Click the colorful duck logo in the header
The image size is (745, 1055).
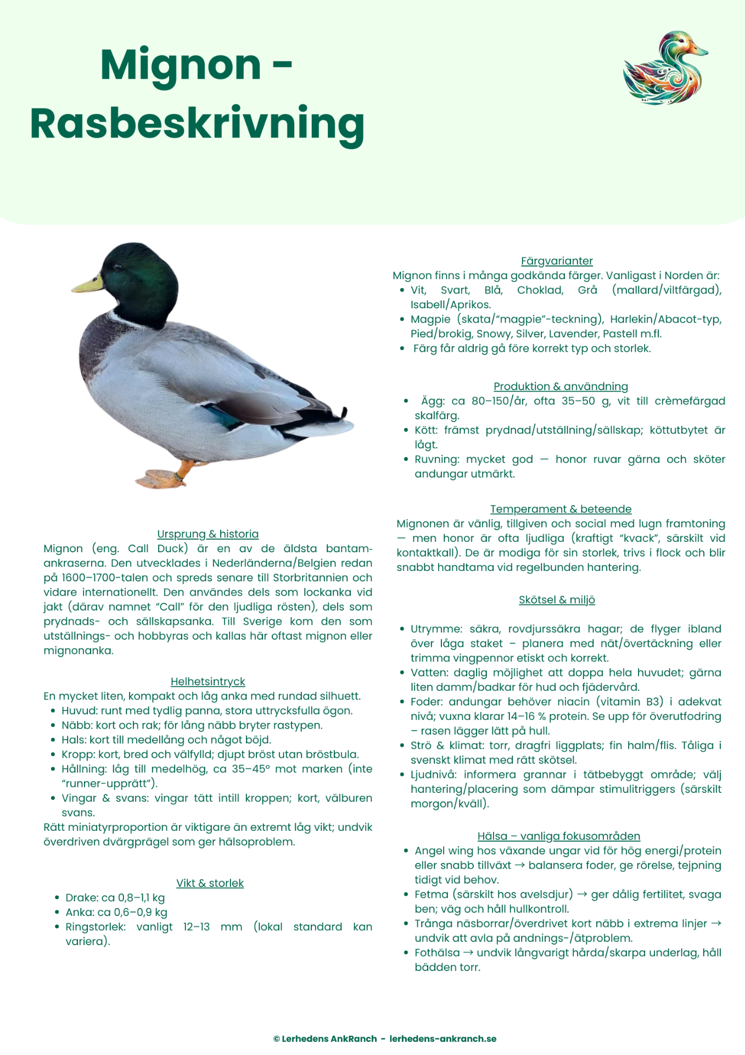[665, 68]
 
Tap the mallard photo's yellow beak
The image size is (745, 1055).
[88, 284]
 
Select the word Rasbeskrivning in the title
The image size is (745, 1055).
[197, 124]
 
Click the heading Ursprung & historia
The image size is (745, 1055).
[208, 534]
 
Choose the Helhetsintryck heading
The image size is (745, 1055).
[208, 681]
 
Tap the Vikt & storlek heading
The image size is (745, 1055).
[210, 883]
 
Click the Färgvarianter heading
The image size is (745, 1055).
[557, 261]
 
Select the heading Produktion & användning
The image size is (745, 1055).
[561, 386]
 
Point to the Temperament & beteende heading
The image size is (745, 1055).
[561, 509]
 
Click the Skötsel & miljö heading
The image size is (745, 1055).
[557, 599]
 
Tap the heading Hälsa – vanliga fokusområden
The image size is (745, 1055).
[558, 836]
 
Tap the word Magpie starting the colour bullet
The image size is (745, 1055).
[430, 319]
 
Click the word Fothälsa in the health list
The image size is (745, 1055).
[437, 952]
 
